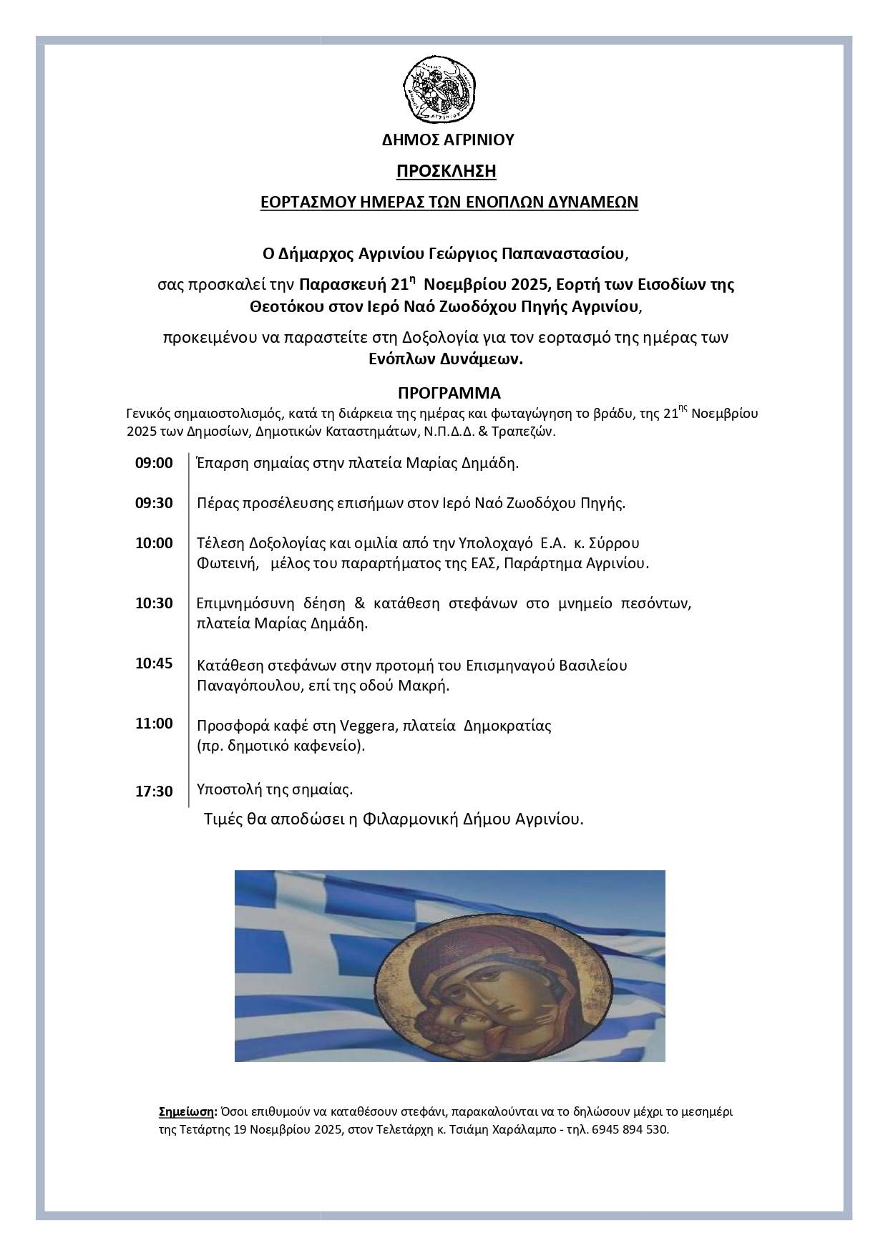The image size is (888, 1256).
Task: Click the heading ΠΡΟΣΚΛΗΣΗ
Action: tap(447, 172)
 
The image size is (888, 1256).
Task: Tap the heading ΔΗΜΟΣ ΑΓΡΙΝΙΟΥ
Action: tap(448, 140)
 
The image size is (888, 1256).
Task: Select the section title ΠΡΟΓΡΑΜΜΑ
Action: tap(449, 393)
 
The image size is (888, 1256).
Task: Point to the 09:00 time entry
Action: tap(154, 463)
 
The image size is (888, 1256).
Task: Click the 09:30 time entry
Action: tap(154, 503)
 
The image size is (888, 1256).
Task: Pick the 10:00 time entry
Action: tap(154, 543)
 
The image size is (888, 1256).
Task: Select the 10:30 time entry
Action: tap(154, 603)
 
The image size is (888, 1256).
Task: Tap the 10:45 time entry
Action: tap(154, 663)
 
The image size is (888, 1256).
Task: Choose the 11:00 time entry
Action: tap(154, 724)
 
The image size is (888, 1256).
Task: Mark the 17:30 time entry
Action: tap(154, 791)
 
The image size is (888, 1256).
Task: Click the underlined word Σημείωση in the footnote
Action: tap(186, 1112)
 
